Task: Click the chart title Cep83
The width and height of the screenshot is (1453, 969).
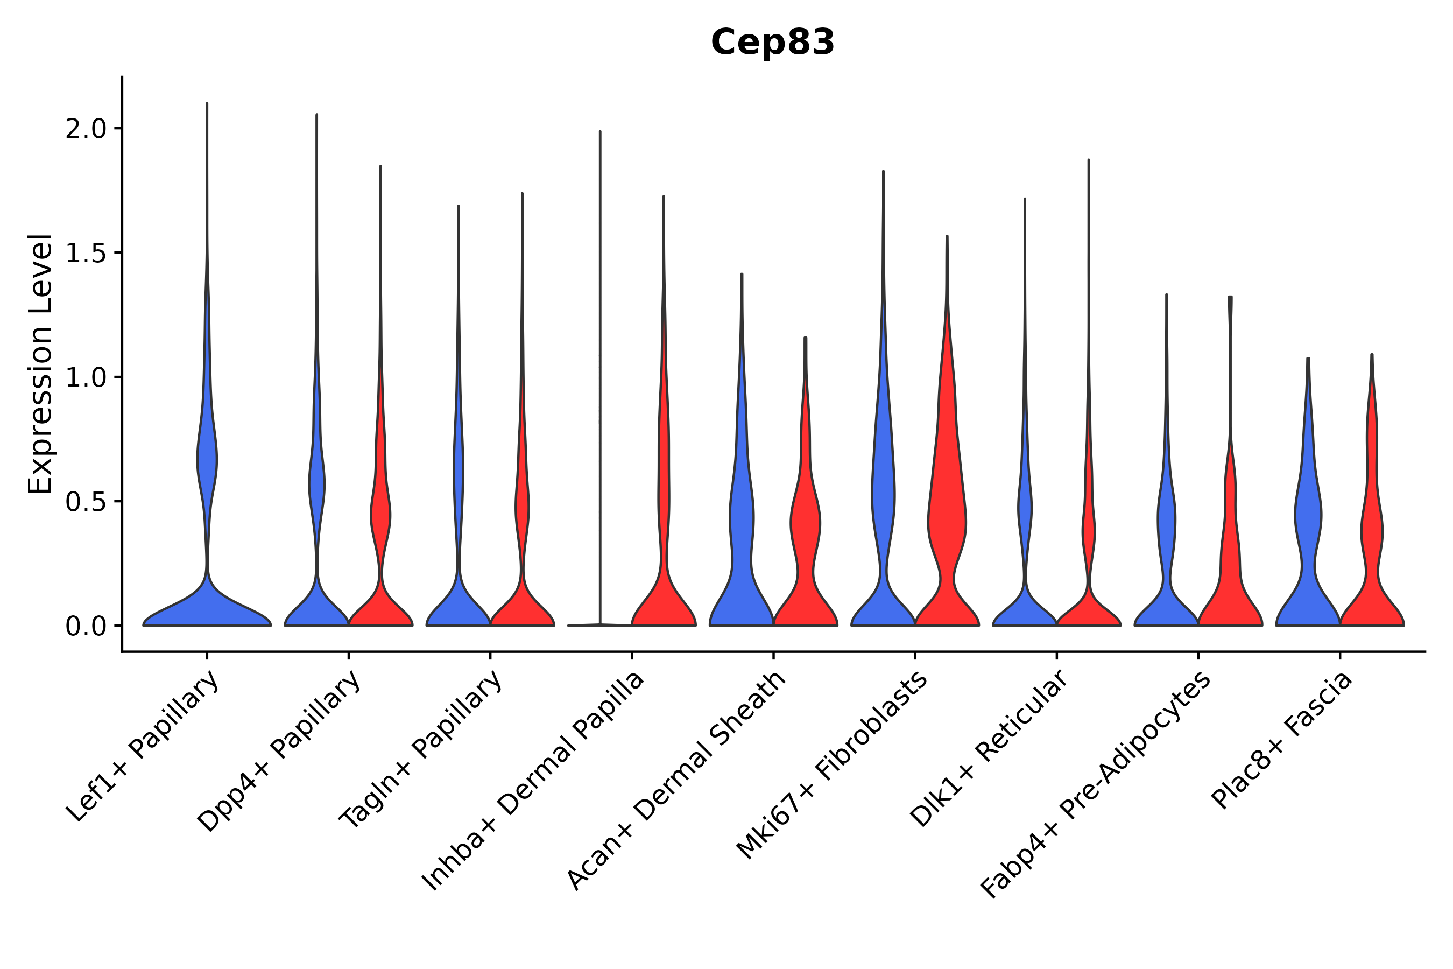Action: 772,43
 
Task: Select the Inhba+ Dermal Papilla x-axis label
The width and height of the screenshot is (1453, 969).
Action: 533,781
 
